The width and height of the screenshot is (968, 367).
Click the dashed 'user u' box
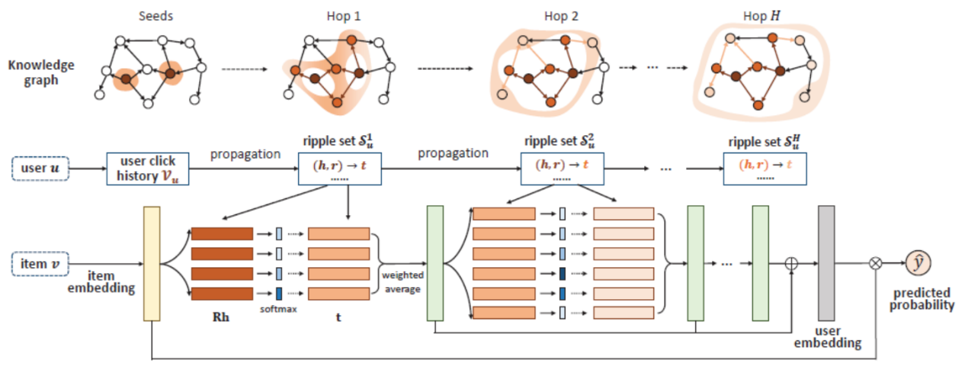(40, 169)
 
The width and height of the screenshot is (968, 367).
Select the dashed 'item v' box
(40, 263)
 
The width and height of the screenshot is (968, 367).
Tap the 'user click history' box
(148, 169)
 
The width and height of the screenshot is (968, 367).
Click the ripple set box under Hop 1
(340, 169)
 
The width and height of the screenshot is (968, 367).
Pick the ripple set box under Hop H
(765, 169)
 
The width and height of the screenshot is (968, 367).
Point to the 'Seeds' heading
(156, 16)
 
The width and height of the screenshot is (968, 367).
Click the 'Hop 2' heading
(561, 16)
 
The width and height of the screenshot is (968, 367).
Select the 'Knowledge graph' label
(41, 72)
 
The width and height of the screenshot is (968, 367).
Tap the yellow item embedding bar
(152, 263)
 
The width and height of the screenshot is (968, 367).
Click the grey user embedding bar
(826, 263)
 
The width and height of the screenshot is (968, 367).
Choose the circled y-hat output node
(918, 262)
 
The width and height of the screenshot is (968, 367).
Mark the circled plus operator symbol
(791, 263)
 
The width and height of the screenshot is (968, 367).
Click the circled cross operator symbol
(876, 263)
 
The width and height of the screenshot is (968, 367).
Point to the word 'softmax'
(278, 309)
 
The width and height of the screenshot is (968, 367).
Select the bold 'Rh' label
(221, 317)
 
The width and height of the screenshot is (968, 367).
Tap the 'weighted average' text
(402, 282)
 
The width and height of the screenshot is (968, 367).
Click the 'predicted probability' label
(922, 299)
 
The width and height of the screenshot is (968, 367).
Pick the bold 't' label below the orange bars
(338, 317)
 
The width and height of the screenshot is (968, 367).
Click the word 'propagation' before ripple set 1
(245, 154)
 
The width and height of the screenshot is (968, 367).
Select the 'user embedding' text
(828, 336)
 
